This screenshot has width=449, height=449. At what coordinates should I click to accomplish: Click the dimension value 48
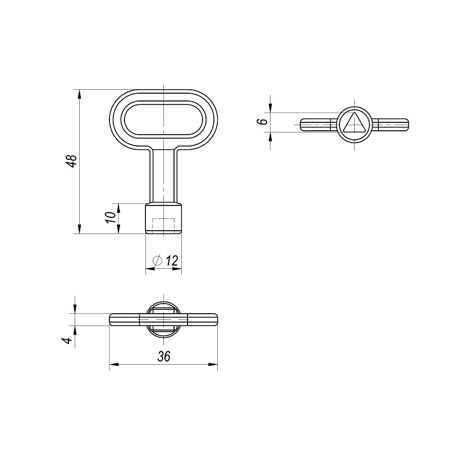click(71, 161)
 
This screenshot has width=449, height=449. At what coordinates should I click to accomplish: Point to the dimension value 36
click(163, 356)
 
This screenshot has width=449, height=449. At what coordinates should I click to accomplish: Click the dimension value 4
click(67, 340)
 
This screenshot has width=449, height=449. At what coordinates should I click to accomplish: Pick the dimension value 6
click(259, 122)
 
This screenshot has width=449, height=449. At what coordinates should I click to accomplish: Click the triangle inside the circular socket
click(354, 123)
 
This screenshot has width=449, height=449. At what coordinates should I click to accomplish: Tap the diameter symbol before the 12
click(158, 260)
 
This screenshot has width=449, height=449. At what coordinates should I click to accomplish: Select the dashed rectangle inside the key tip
click(164, 225)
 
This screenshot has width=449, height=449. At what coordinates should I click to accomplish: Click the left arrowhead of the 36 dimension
click(113, 365)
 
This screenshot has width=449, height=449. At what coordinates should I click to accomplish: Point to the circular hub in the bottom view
click(163, 319)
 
